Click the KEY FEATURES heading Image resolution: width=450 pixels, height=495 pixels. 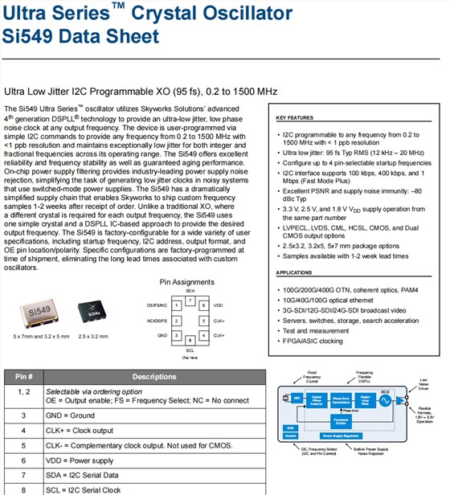[x=297, y=117]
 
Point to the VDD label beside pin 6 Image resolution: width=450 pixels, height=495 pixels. [x=219, y=305]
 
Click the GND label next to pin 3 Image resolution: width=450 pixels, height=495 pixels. [x=162, y=334]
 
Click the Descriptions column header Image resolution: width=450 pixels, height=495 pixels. [x=154, y=376]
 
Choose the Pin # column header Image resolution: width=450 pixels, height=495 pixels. [x=22, y=376]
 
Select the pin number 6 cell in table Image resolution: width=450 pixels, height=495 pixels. [x=23, y=460]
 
